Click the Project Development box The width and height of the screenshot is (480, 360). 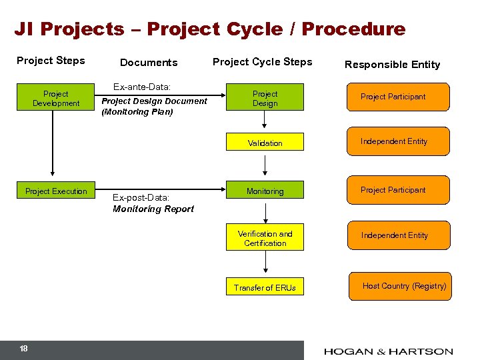pyautogui.click(x=56, y=99)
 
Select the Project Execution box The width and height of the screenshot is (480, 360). pyautogui.click(x=56, y=191)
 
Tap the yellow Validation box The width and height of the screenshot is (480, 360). pyautogui.click(x=265, y=143)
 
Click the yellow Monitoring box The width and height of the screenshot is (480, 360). pyautogui.click(x=265, y=191)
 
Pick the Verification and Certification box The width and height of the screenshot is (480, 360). pyautogui.click(x=265, y=239)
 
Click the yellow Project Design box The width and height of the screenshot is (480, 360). pyautogui.click(x=265, y=99)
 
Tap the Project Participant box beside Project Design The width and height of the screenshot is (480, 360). pyautogui.click(x=399, y=97)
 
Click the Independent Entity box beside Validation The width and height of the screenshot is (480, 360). pyautogui.click(x=399, y=141)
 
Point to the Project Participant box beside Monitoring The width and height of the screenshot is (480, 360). pyautogui.click(x=399, y=190)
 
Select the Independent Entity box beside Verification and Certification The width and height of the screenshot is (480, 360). pyautogui.click(x=399, y=235)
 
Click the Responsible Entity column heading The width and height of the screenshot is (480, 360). pyautogui.click(x=392, y=65)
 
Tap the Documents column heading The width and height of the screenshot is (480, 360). pyautogui.click(x=149, y=63)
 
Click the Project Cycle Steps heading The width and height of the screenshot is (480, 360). pyautogui.click(x=262, y=62)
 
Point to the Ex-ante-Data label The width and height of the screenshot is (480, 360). pyautogui.click(x=142, y=87)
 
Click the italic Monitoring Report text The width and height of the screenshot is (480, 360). pyautogui.click(x=153, y=209)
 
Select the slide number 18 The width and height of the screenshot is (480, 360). pyautogui.click(x=23, y=349)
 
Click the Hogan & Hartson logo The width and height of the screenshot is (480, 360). pyautogui.click(x=389, y=351)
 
